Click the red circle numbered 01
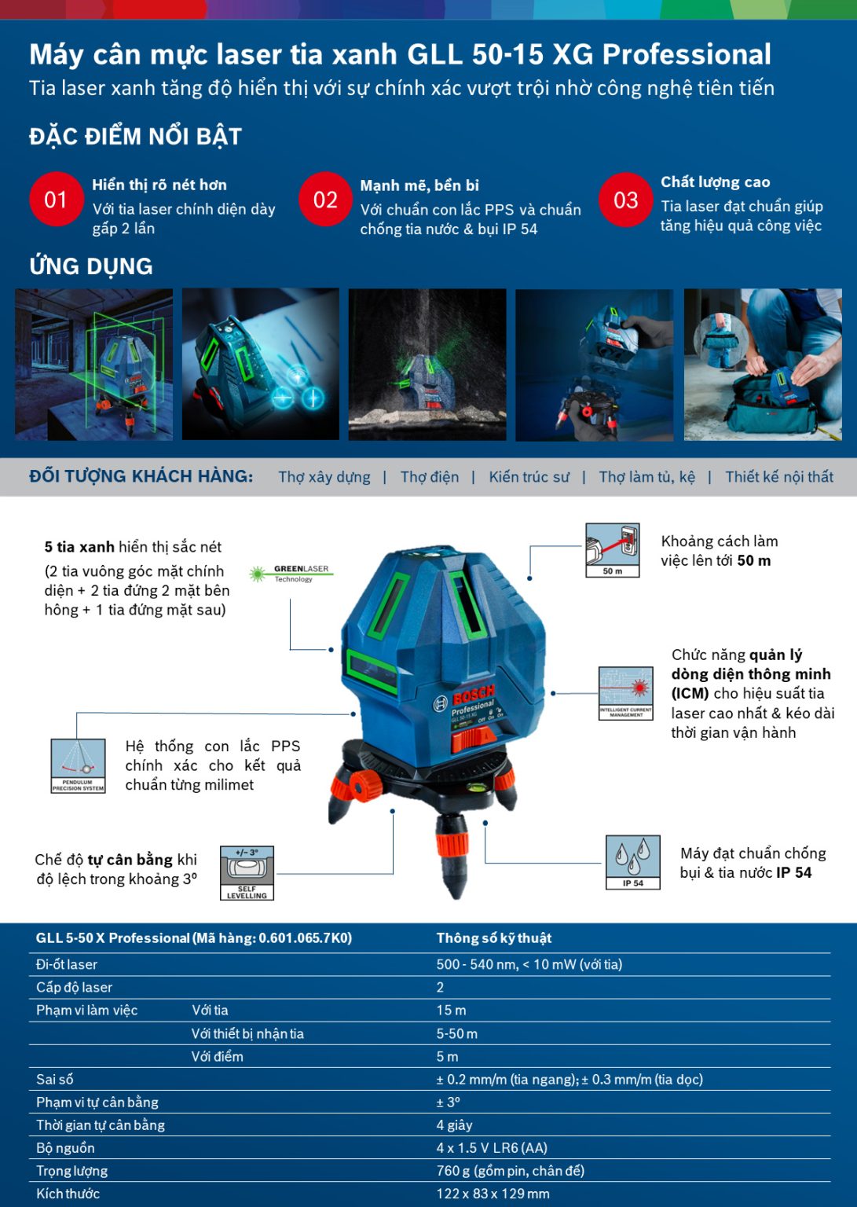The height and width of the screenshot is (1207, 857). [56, 200]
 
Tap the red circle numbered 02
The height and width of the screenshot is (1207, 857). [325, 200]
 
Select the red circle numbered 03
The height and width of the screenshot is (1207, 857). [625, 200]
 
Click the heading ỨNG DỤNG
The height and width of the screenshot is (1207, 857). [91, 266]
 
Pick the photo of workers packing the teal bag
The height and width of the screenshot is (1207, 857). [762, 365]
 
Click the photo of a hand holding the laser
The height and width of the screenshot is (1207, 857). [594, 365]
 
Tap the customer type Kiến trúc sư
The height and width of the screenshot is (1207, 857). [529, 477]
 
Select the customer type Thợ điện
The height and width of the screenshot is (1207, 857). [429, 477]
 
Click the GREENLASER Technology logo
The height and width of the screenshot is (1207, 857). [291, 574]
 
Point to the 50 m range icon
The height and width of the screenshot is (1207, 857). [613, 550]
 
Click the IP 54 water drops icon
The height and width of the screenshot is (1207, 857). [632, 862]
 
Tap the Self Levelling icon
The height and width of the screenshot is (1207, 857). [247, 873]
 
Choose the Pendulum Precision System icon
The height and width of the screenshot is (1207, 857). [78, 765]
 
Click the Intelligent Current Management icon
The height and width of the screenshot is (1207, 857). [625, 693]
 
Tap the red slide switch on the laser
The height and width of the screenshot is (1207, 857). [472, 737]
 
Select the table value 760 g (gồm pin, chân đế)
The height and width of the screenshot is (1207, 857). [510, 1171]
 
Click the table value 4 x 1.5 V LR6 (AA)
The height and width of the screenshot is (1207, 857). [492, 1148]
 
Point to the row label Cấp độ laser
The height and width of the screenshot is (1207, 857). [74, 988]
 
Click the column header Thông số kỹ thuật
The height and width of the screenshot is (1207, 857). [493, 938]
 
